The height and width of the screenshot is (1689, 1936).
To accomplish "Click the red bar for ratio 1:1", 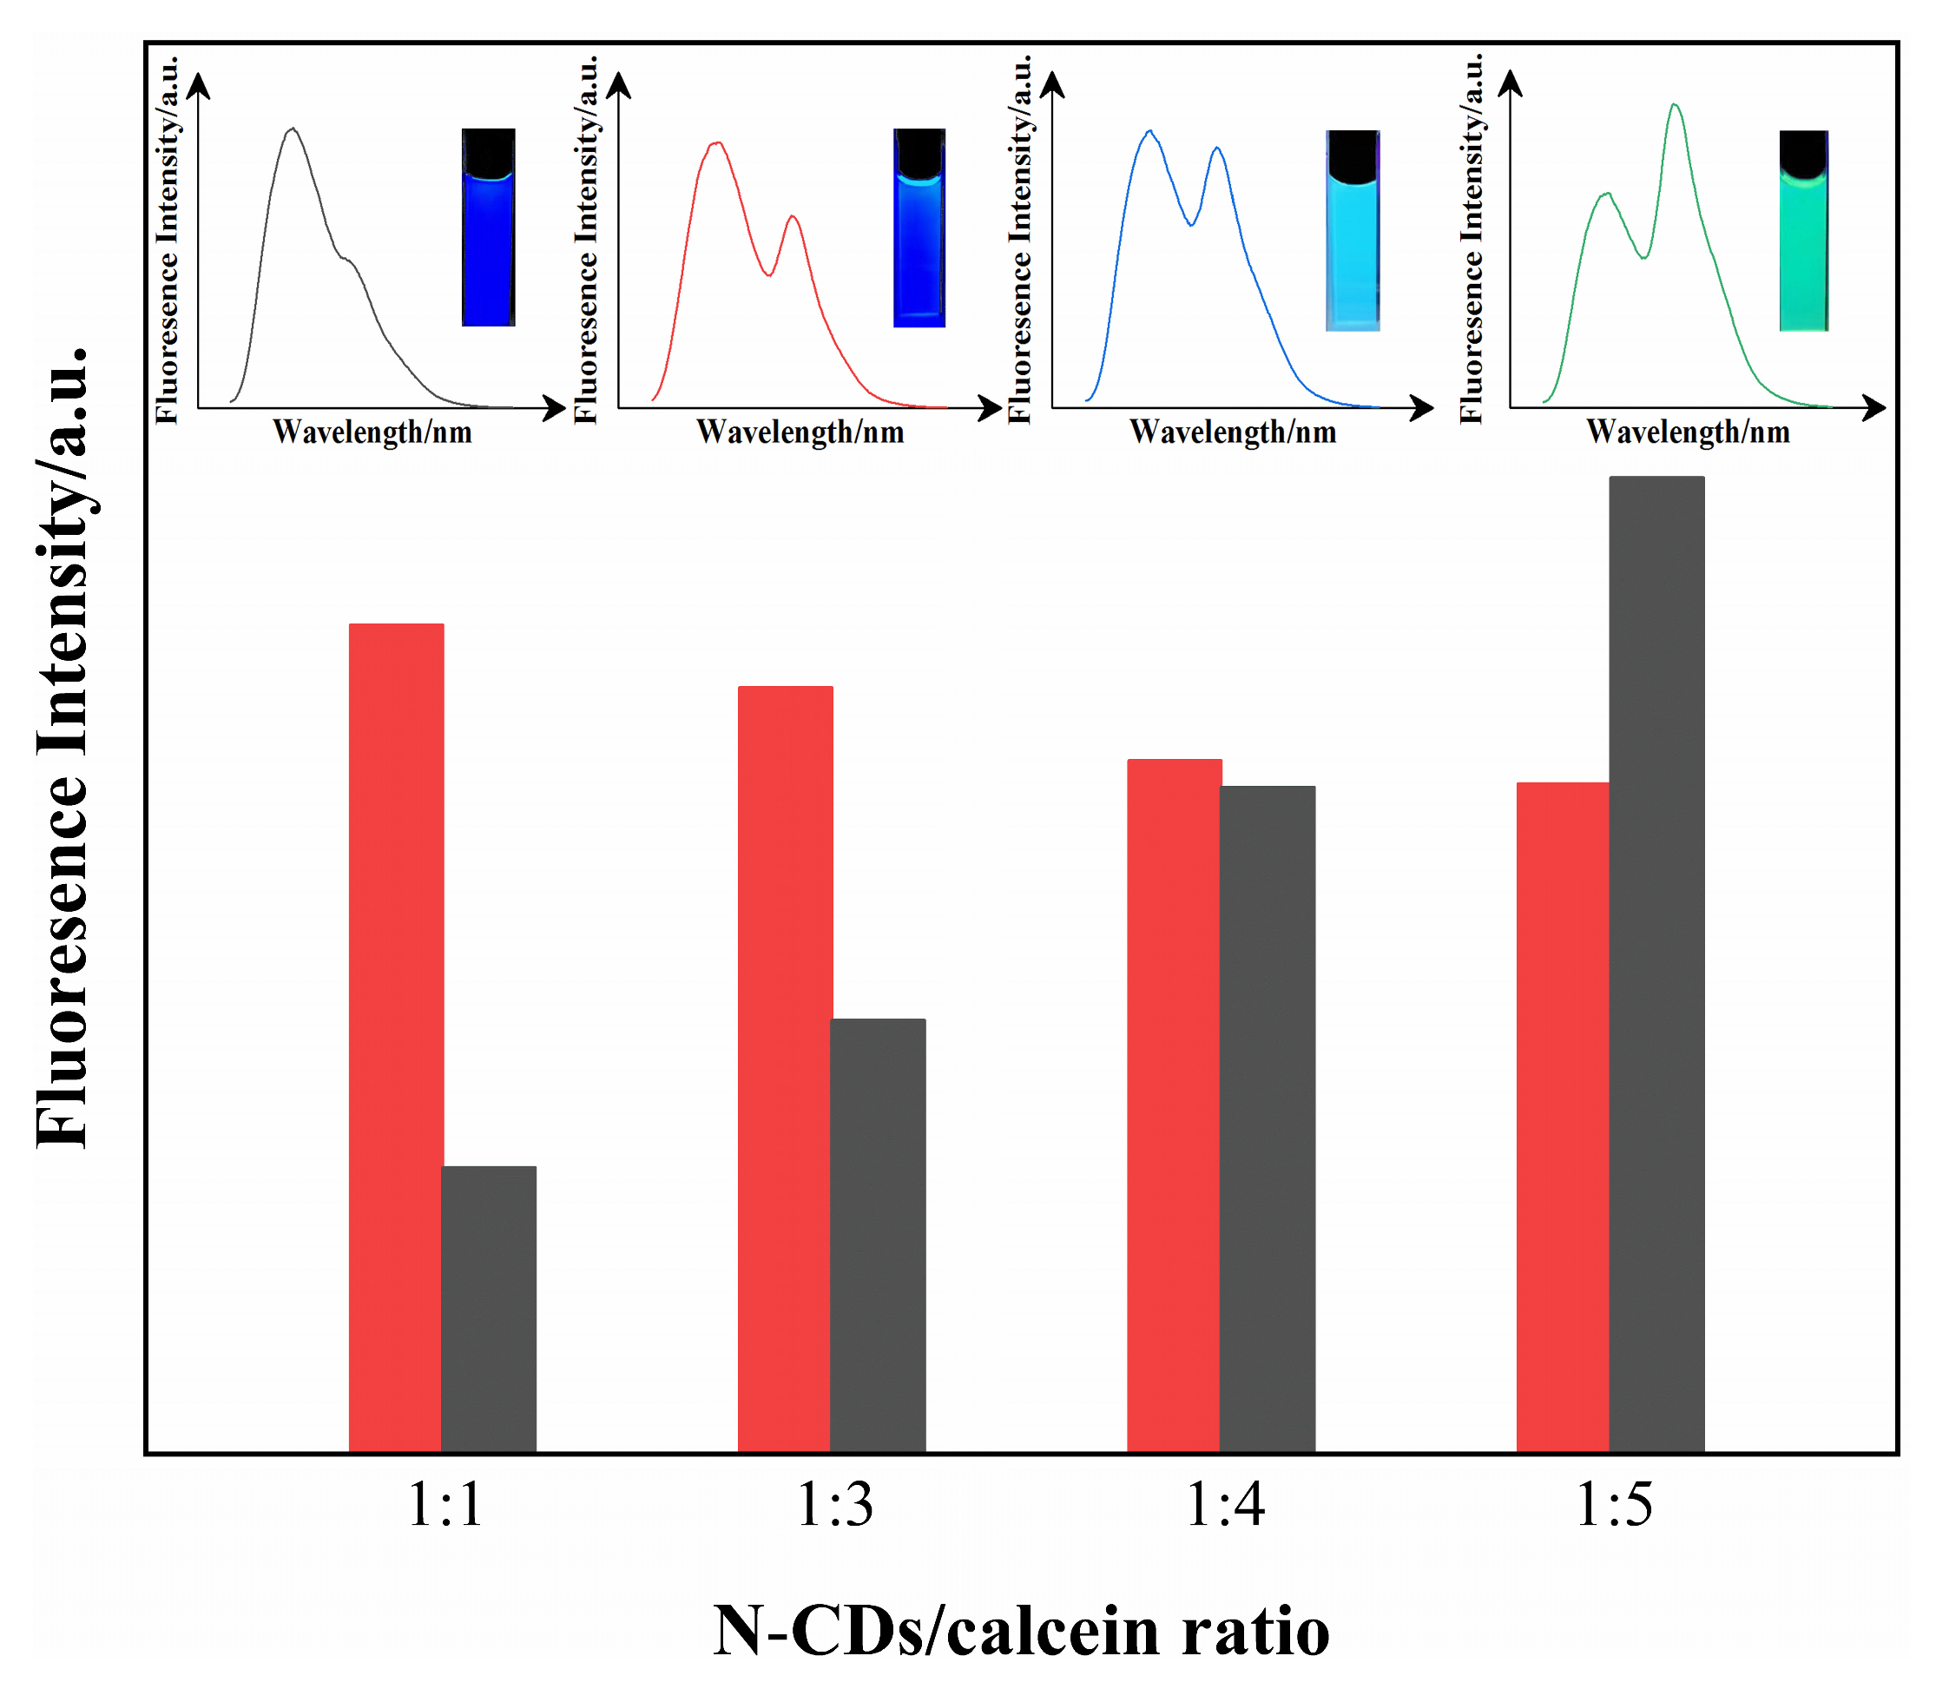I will coord(396,1037).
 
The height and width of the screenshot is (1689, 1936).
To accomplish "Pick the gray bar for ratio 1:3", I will coord(877,1235).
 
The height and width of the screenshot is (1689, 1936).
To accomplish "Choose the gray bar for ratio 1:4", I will coord(1268,1118).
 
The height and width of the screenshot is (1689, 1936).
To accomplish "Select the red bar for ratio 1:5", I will coord(1562,1116).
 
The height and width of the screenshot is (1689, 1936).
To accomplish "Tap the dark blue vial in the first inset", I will coord(488,228).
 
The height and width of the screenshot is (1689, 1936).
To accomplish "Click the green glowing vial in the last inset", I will coord(1803,231).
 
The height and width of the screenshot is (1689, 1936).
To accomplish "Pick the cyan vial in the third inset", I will coord(1353,231).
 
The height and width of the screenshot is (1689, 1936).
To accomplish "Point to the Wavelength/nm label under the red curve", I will coord(800,432).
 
